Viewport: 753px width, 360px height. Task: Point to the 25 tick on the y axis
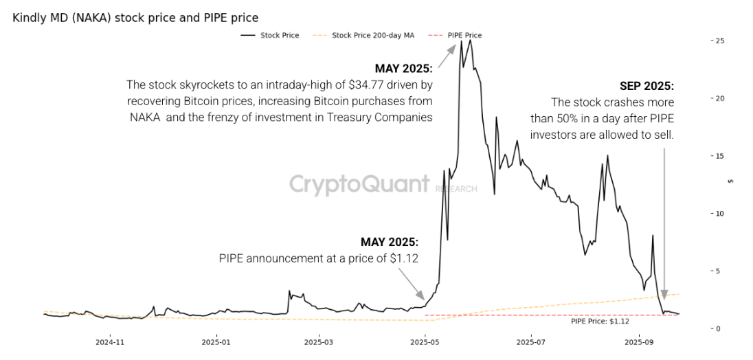coord(719,41)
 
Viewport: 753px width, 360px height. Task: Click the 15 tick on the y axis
coord(719,156)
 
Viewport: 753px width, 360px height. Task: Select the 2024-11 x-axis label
coord(109,341)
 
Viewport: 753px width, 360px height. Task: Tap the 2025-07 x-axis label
coord(530,341)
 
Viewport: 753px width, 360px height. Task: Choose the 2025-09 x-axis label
coord(638,341)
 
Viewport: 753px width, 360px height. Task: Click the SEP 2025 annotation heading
coord(647,87)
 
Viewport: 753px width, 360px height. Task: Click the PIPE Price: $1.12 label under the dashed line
coord(600,321)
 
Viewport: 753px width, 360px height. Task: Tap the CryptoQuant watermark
coord(359,184)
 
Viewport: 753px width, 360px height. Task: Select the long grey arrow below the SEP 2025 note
coord(664,220)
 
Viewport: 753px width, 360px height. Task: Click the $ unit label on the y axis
coord(730,181)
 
